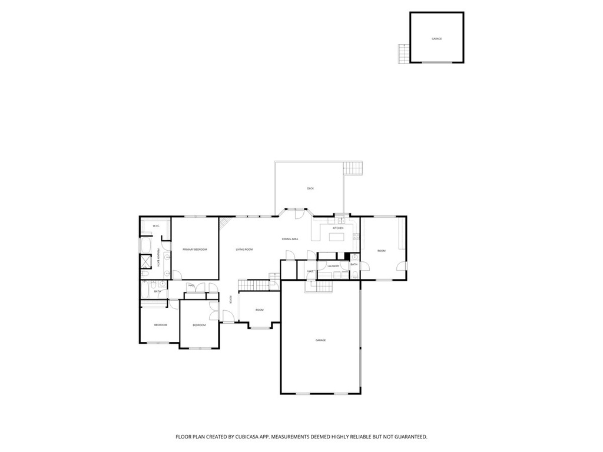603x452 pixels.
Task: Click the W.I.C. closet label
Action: pos(156,226)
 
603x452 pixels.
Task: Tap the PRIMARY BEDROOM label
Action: pos(195,250)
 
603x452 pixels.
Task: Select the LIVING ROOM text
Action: pos(244,250)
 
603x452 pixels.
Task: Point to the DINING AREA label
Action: pos(290,239)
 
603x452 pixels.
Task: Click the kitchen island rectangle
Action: pos(337,237)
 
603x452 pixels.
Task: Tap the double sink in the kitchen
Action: pos(341,222)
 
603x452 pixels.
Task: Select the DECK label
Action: pos(310,188)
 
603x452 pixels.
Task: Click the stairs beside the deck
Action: pos(352,168)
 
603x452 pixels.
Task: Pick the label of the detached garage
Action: pos(436,38)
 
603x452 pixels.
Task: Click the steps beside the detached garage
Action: pos(403,54)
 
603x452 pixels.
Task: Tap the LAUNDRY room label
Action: pos(333,266)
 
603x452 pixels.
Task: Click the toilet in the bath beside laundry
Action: pos(355,257)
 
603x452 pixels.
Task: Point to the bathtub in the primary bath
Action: pos(145,245)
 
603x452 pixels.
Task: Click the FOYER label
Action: pos(231,299)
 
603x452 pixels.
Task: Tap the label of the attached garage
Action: pos(320,340)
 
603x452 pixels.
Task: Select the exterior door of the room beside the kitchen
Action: pos(402,266)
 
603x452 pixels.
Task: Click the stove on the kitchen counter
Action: pos(356,237)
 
